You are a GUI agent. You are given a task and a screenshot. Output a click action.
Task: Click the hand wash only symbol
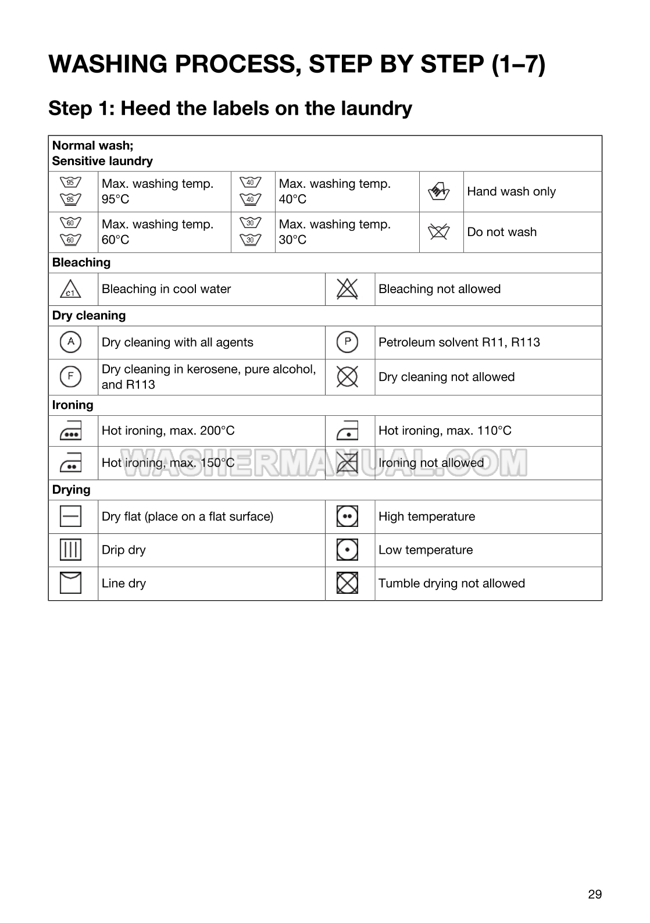[440, 191]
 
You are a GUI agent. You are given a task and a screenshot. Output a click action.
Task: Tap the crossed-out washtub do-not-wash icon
[440, 232]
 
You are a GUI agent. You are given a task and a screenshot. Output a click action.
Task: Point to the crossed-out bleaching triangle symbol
[347, 289]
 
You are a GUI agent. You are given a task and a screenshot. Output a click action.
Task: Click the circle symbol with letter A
[70, 342]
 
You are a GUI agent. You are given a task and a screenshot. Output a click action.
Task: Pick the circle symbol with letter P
[347, 342]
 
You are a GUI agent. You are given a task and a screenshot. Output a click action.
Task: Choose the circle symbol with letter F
[70, 376]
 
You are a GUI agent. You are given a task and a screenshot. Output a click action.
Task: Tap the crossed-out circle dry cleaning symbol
[347, 377]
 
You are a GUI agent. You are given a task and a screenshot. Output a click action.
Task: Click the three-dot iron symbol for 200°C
[70, 431]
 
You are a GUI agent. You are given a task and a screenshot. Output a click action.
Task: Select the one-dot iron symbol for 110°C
[347, 431]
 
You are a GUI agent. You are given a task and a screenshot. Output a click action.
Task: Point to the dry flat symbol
[70, 516]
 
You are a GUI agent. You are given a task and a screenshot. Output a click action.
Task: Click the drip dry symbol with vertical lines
[70, 550]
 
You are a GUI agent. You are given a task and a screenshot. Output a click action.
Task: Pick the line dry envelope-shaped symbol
[70, 583]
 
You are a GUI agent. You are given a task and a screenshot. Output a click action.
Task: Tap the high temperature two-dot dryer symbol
[347, 516]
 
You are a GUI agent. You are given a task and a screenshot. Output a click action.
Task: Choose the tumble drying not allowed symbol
[347, 583]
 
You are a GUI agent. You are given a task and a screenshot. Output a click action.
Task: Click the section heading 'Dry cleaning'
[89, 316]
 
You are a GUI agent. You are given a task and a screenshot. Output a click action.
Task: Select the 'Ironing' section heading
[73, 405]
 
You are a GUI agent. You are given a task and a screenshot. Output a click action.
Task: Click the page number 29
[595, 895]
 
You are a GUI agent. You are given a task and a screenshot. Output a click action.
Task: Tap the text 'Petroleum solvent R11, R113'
[459, 343]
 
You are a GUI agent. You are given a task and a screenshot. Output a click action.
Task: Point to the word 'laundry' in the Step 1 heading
[378, 109]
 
